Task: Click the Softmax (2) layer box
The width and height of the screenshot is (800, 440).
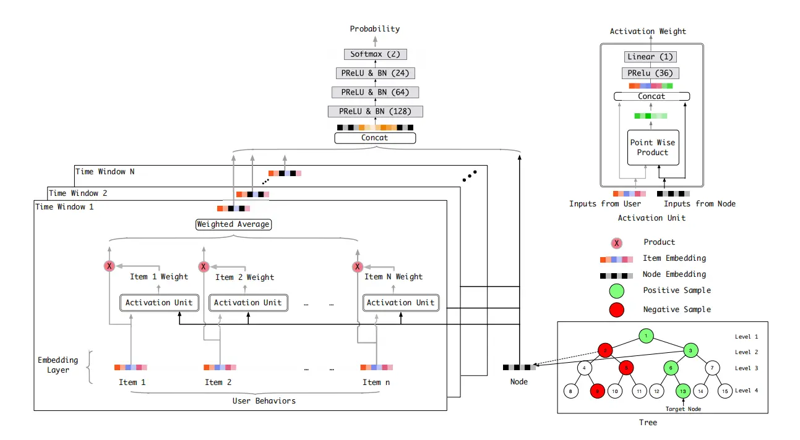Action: click(x=374, y=54)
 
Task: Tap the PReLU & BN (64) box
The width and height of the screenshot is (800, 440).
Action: click(x=375, y=92)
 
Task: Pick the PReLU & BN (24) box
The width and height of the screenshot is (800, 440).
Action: click(x=375, y=73)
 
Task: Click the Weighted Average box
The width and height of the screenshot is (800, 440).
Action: click(x=233, y=224)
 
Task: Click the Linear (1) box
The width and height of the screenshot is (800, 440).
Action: click(x=649, y=57)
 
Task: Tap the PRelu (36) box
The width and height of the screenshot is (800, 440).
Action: click(x=649, y=74)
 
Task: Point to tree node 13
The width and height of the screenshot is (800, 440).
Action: click(x=682, y=391)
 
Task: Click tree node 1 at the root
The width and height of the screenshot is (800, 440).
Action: click(x=645, y=336)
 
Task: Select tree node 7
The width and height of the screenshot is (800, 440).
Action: click(x=712, y=368)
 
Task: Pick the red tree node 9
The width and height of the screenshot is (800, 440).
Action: click(x=597, y=391)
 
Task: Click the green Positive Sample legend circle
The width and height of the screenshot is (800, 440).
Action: click(x=617, y=290)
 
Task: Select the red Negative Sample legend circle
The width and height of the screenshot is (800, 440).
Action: click(x=617, y=310)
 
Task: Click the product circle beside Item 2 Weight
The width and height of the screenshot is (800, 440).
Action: click(x=203, y=267)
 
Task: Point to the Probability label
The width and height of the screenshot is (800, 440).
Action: click(x=374, y=28)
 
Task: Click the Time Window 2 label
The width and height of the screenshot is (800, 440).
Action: click(x=78, y=193)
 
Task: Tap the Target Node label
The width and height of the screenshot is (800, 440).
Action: click(x=682, y=409)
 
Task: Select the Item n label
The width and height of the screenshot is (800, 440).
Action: click(x=376, y=382)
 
